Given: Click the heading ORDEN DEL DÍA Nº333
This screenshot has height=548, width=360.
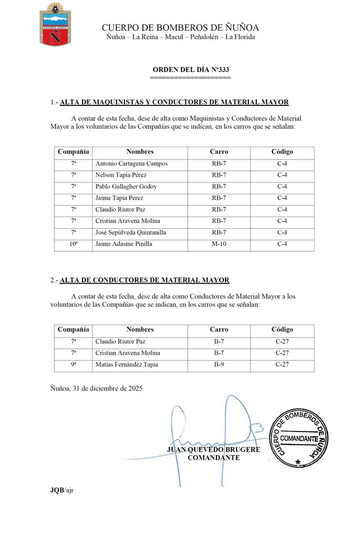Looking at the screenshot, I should coord(191,69).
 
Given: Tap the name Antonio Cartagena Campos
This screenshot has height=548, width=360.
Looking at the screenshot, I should coord(131,164).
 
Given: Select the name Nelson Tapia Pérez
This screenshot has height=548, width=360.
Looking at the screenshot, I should coord(121,175).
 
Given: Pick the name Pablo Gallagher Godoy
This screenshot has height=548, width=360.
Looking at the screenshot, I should coord(126,186).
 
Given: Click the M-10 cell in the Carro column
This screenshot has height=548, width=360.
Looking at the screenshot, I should coord(219,244).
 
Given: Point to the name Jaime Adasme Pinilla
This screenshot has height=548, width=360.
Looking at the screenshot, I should coord(123,244).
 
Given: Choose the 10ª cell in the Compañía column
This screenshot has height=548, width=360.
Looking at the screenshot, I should coord(74,244).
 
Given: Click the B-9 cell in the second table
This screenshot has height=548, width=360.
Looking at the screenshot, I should coord(219,364).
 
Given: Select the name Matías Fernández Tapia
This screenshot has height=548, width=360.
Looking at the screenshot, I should coord(127,364).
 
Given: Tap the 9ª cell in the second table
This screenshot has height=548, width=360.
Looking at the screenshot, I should coord(74,364).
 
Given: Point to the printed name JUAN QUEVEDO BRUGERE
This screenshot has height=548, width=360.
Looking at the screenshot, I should coord(213,450).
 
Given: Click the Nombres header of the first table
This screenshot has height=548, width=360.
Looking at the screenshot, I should coord(140,152).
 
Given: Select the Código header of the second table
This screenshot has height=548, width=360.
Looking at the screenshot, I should coord(282,329).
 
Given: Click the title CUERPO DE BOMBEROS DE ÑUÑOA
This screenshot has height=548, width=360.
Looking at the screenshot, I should coord(180,28).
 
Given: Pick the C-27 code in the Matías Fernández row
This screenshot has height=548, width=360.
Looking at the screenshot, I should coord(282,364).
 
